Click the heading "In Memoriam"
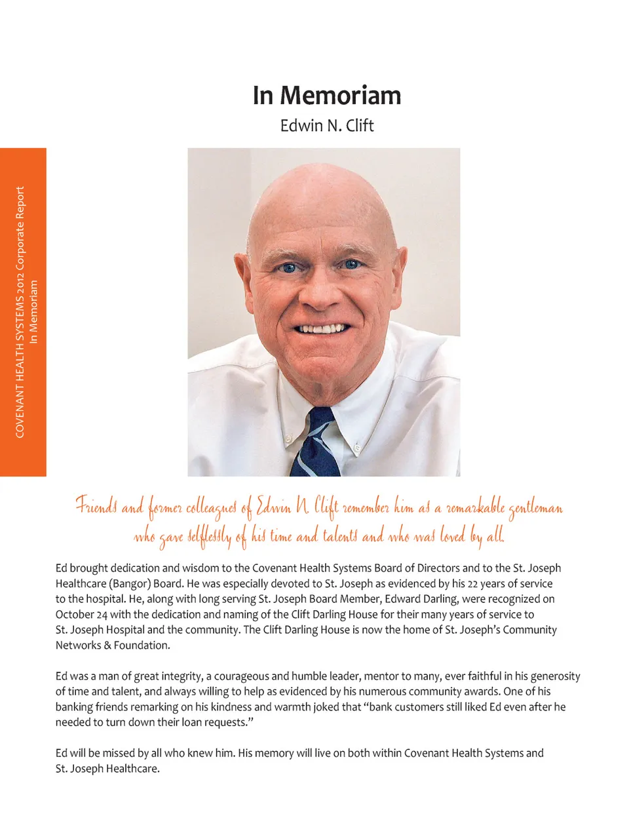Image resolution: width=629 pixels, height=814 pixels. coord(326,96)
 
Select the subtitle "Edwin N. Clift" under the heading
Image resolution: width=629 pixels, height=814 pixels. coord(326,125)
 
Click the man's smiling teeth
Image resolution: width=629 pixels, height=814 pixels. coord(322,328)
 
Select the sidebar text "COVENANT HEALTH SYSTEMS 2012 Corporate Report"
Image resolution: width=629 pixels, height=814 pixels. coord(20,312)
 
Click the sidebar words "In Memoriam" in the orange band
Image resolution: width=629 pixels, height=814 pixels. coord(34,312)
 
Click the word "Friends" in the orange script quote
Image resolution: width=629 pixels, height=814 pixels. coord(96,507)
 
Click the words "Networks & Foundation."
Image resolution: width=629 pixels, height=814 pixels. coord(112,645)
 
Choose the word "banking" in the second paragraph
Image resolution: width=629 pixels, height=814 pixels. coord(74,707)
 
